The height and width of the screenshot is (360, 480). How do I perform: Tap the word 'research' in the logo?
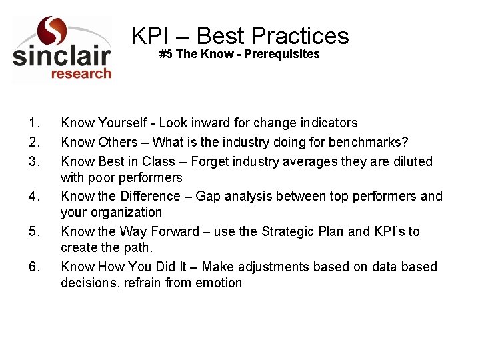pyautogui.click(x=81, y=73)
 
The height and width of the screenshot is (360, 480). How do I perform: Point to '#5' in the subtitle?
pyautogui.click(x=166, y=54)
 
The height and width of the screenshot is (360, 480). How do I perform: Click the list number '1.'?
pyautogui.click(x=35, y=123)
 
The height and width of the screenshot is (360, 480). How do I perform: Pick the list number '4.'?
pyautogui.click(x=35, y=197)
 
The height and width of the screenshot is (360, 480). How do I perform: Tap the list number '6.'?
pyautogui.click(x=35, y=267)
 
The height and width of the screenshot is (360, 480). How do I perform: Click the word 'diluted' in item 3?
pyautogui.click(x=413, y=161)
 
